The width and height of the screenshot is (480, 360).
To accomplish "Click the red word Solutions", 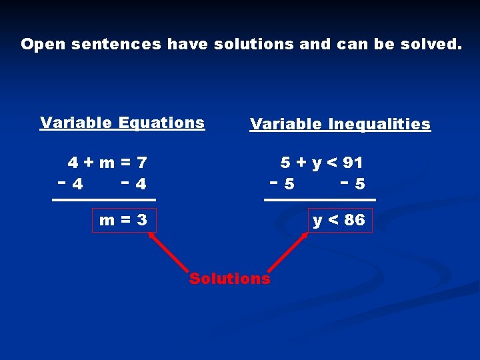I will pos(230,279).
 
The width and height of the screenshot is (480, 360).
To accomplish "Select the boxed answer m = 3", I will pos(123,220).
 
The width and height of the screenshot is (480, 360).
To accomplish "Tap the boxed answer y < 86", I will pos(339,220).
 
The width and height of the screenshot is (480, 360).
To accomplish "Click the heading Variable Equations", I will pos(122,123).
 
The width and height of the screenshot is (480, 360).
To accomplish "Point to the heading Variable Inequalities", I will pos(340,124).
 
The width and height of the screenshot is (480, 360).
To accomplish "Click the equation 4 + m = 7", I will pos(107,162).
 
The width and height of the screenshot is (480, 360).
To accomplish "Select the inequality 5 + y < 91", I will pos(321,162).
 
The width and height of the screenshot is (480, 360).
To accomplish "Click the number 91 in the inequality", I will pos(353,162).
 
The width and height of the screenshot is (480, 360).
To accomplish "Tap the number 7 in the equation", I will pos(141,162).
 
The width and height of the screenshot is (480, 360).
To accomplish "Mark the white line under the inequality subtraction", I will pos(320,199).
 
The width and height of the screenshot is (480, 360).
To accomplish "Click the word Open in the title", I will pos(43,45).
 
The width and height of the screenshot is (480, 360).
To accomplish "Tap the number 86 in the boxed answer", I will pos(355,220).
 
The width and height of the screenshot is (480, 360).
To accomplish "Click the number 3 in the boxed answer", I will pos(141,220).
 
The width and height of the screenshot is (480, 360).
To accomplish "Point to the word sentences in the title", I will pos(116,45).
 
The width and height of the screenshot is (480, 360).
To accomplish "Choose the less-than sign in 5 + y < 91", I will pos(333,162).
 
